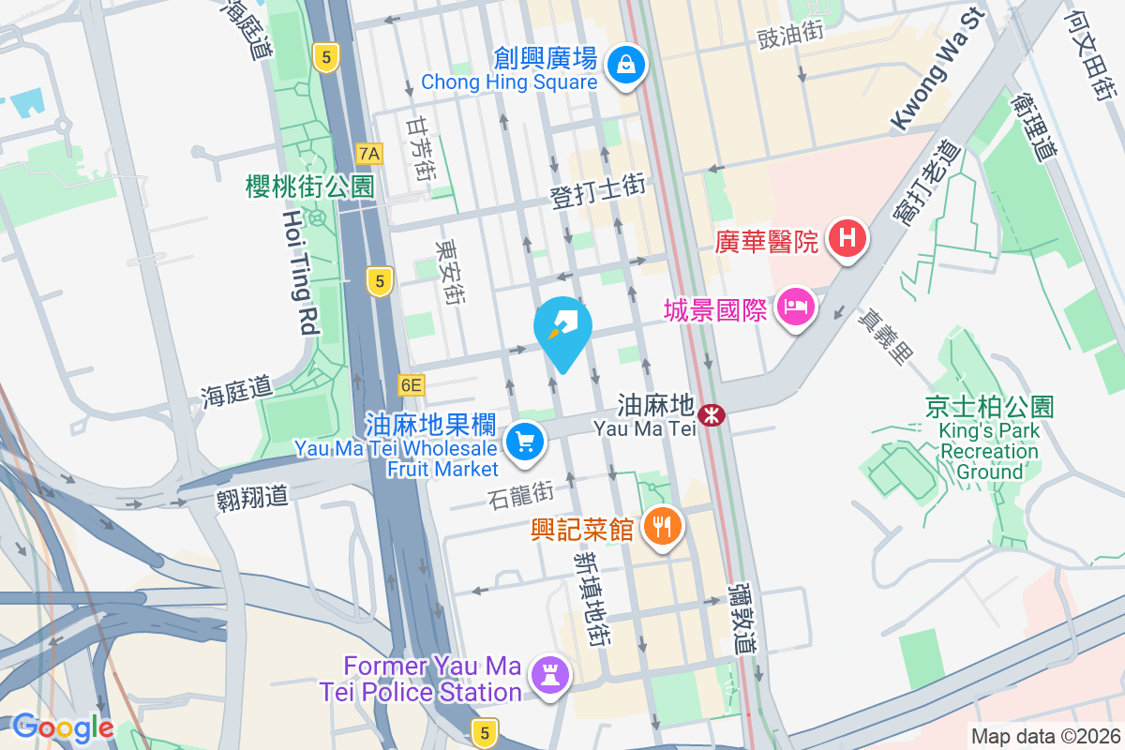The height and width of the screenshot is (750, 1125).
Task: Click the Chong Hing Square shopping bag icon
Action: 624,65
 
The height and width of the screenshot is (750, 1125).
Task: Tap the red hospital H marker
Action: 847,238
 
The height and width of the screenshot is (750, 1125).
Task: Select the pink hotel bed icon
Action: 796,307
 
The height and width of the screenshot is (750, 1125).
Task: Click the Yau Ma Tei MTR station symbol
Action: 712,412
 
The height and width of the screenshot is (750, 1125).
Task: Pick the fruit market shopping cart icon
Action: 524,441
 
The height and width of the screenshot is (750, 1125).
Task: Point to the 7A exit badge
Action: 369,153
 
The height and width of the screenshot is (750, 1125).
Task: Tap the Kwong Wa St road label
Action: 936,70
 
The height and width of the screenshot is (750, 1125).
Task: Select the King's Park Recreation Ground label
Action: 988,451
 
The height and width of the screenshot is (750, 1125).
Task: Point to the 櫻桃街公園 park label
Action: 309,186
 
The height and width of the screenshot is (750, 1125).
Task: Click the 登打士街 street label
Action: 597,191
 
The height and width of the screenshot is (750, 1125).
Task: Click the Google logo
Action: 63,727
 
